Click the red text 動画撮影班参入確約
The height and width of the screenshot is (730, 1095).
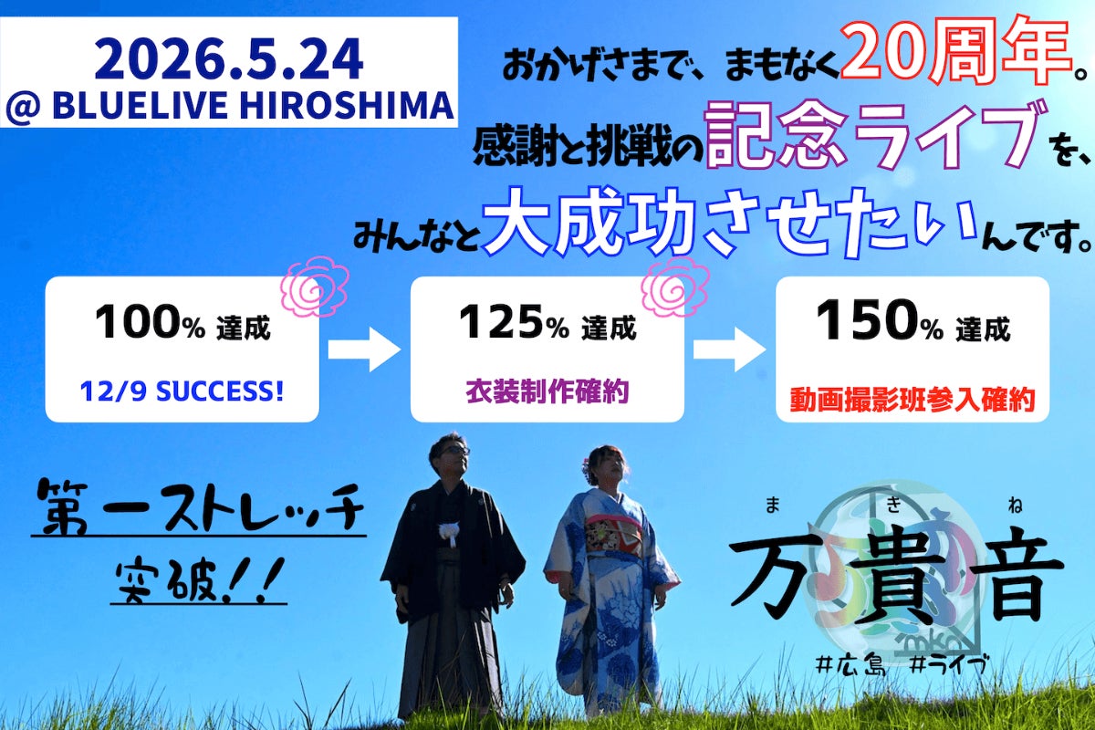912,401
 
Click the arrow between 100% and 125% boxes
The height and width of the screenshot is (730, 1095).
364,349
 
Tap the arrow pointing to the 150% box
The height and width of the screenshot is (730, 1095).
729,349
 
